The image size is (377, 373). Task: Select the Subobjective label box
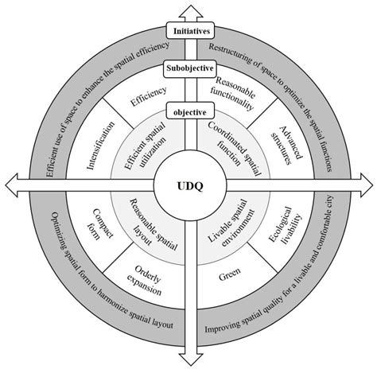[x=189, y=68]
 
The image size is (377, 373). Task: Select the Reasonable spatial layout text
[x=148, y=227]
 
